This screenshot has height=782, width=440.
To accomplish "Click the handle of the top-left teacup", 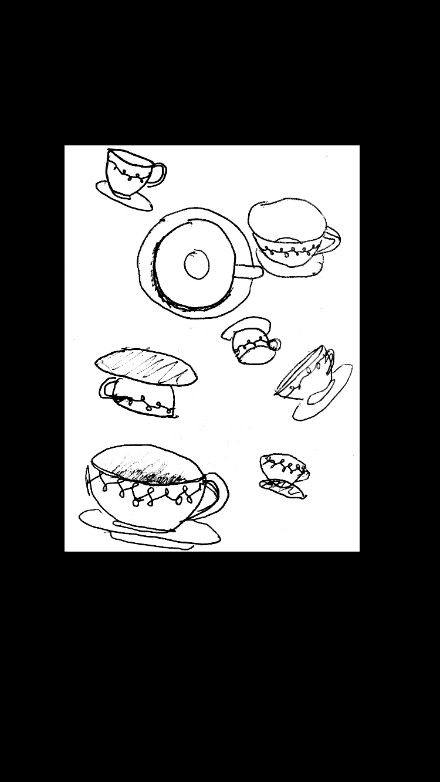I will pos(160,174).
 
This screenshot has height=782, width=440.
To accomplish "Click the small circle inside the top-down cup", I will pos(197,264).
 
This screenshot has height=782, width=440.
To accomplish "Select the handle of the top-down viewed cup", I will pos(248,271).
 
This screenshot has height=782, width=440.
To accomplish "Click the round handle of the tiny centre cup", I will pos(273,345).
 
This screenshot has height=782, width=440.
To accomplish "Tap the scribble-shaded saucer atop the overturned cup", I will pos(146,367).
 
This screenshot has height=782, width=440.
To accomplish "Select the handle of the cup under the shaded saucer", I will pos(107,388).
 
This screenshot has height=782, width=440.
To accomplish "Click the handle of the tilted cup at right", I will pos(329,356).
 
